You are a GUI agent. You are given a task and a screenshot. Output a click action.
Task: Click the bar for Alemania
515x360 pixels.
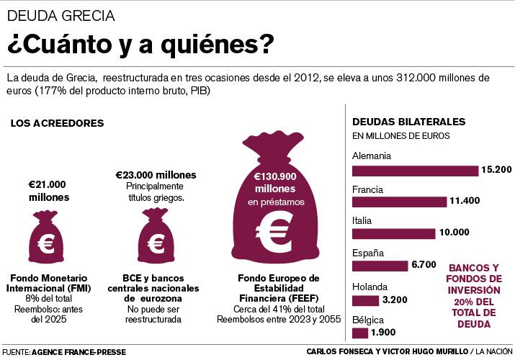coord(415,171)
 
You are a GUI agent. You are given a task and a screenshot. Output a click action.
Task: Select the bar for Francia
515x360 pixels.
coord(398,202)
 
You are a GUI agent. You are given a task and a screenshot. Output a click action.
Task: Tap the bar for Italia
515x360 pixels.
coord(393,233)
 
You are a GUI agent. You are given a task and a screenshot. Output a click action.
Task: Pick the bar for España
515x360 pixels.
coord(380,266)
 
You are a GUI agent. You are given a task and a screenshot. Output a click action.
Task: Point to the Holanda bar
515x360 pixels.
coord(365,300)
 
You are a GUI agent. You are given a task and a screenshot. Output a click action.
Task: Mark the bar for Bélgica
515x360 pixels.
coord(359,333)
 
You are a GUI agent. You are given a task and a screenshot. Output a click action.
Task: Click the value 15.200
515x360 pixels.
coord(497,171)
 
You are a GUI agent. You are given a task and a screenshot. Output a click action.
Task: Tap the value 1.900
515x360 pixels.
coord(383,333)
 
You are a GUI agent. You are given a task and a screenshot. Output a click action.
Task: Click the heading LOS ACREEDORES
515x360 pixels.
coord(57,123)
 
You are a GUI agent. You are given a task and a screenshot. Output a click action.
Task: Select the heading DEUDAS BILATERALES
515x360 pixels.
coord(408,122)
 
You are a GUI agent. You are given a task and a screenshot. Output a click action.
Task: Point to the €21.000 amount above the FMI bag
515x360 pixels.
coord(48,184)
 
